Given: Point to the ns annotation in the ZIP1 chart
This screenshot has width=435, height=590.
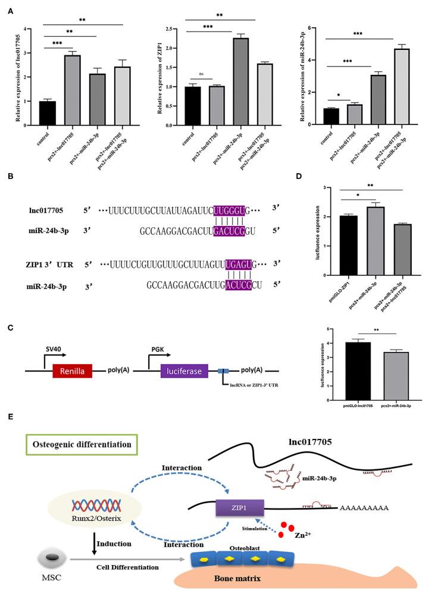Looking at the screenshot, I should (x=201, y=74).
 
